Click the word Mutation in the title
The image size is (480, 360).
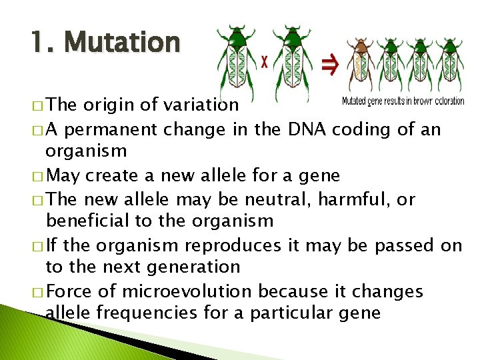tap(123, 43)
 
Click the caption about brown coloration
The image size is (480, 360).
tap(403, 101)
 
